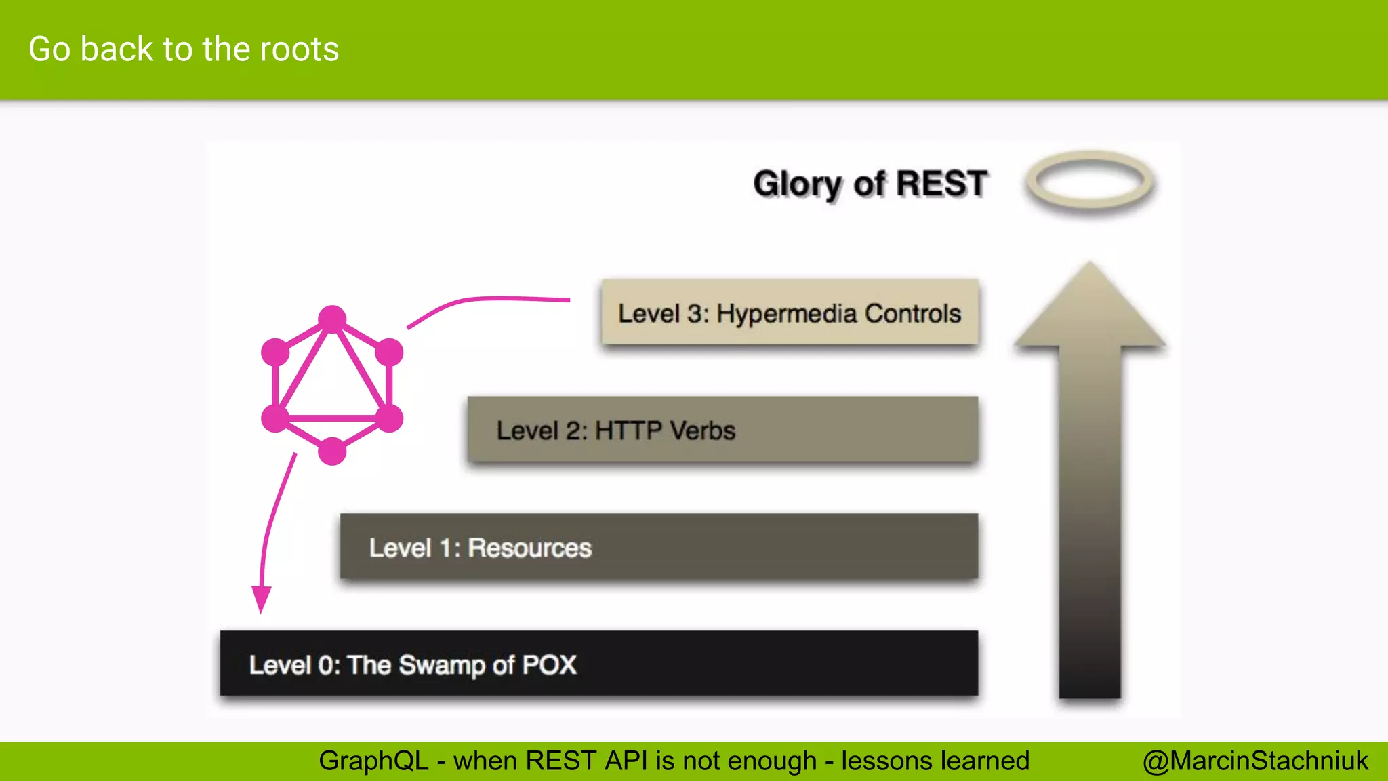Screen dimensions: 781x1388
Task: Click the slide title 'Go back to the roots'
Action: [184, 49]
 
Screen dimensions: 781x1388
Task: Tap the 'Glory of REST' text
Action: [870, 184]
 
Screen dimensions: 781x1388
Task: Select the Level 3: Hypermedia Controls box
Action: [790, 313]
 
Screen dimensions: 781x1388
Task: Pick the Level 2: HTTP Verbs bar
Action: [722, 430]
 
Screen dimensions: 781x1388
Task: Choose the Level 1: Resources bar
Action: [659, 547]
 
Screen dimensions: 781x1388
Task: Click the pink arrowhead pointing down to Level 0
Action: [261, 599]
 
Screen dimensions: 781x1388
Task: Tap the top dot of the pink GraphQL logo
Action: [332, 319]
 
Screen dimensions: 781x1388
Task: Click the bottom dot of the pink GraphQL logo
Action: [332, 451]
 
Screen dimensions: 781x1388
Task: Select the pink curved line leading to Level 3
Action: [488, 299]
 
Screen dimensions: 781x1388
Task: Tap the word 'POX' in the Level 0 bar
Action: [549, 664]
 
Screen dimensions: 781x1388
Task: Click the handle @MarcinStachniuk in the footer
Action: [1255, 761]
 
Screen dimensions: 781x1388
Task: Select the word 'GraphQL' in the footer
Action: [373, 761]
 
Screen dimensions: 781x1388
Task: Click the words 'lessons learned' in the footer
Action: [935, 761]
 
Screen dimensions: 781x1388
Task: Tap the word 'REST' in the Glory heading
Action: [942, 184]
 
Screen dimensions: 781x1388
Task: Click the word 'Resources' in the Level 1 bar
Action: [529, 548]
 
